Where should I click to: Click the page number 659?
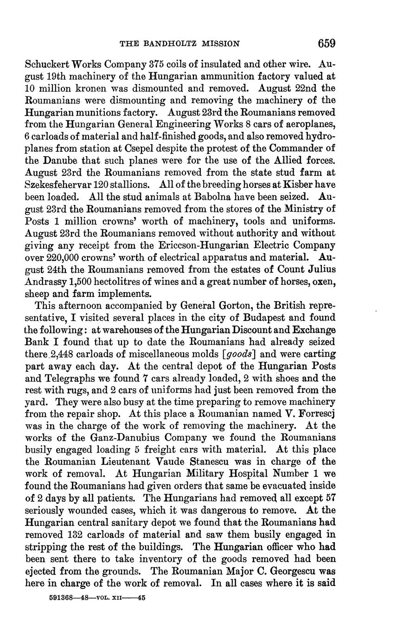(x=327, y=43)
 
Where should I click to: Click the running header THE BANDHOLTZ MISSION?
(x=180, y=44)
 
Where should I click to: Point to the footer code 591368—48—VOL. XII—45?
(x=97, y=598)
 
